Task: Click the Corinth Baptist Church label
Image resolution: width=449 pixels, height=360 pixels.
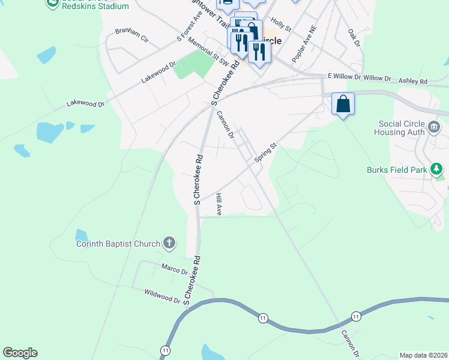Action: [118, 244]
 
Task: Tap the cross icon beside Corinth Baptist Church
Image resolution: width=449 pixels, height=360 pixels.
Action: [169, 243]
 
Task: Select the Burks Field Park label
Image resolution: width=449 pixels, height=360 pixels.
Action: [396, 170]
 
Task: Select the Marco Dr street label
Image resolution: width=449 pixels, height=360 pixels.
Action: [175, 268]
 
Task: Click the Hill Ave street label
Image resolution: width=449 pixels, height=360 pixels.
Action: [219, 204]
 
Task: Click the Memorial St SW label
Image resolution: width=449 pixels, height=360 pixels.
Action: [208, 52]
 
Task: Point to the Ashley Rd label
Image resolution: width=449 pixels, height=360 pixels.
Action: [413, 81]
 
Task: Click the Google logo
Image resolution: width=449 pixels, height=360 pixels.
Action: [20, 353]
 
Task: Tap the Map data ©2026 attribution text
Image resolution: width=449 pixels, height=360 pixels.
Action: [423, 355]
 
